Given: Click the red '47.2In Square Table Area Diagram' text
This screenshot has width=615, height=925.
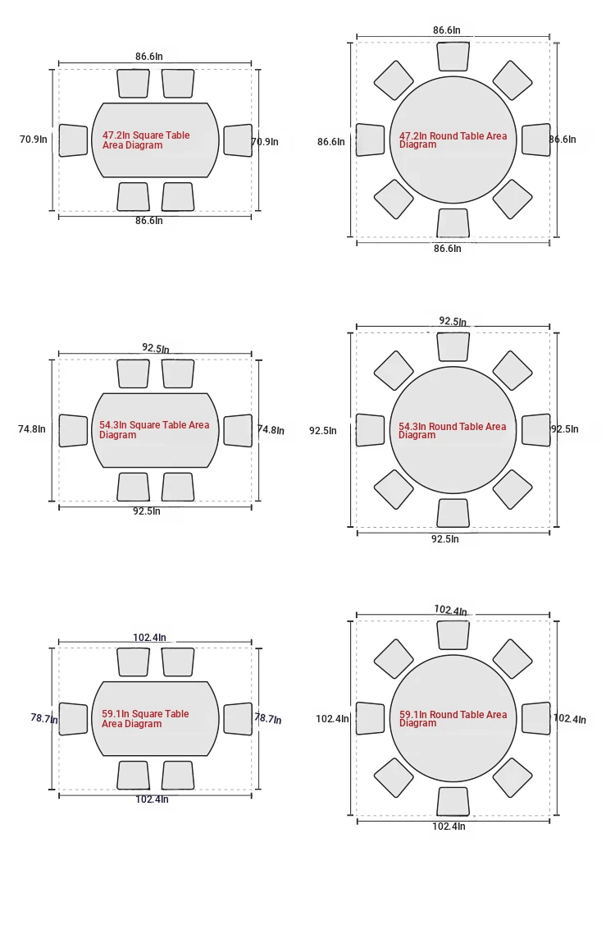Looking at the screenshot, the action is pos(146,140).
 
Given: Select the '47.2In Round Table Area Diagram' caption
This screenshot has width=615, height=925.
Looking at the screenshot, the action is pos(453,140).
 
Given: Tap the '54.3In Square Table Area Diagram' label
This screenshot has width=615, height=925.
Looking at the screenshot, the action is pos(154,429).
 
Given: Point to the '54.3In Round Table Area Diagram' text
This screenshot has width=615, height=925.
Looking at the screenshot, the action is pos(453,430).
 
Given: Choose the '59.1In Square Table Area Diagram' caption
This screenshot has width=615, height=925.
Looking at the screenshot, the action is pos(145,718).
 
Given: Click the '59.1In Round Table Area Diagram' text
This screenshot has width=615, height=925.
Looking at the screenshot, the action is pos(453,718).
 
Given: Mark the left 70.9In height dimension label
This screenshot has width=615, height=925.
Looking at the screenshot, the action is pos(33,140).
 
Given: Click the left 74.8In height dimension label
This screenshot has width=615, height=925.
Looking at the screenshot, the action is pos(31,429).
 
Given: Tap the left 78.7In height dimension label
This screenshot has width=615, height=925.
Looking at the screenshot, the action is pos(44,718).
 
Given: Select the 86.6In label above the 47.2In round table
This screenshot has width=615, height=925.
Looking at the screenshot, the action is pos(446,30).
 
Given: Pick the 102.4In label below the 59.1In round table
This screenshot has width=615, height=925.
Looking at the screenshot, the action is pos(449,827).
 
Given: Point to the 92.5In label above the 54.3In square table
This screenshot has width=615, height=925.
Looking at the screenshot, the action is pos(156,348).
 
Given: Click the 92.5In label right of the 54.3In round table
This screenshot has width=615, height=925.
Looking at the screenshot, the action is pos(565,429).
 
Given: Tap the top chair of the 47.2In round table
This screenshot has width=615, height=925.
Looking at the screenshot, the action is pos(453,57).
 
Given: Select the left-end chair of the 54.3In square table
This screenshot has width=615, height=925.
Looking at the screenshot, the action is pos(73,431).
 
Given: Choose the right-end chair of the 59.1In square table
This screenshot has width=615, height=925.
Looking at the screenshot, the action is pos(238,719).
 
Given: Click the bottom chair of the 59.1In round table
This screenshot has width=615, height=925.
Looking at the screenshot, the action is pos(453,802).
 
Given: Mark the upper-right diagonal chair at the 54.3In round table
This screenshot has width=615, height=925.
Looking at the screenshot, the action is pos(512,370).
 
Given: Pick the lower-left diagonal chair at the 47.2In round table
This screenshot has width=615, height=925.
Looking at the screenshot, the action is pos(394,199).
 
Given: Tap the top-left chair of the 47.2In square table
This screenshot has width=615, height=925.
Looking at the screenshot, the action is pos(134,84).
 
